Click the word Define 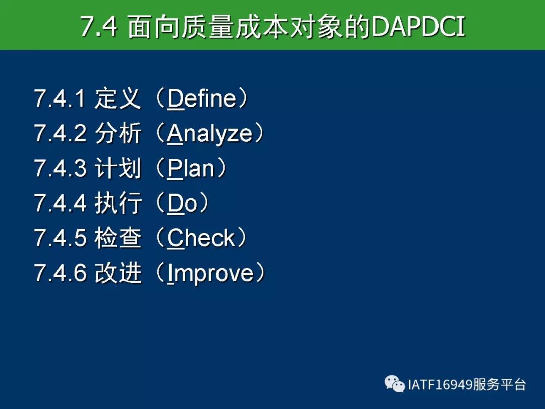click(x=202, y=98)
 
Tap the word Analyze click(x=209, y=134)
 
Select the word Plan click(x=191, y=168)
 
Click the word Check click(x=201, y=238)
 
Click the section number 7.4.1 click(x=60, y=98)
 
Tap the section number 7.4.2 click(x=60, y=133)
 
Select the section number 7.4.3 click(x=60, y=168)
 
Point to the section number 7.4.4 click(x=60, y=203)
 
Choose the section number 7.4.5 click(x=60, y=238)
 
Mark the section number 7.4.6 click(x=60, y=273)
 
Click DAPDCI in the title click(x=418, y=27)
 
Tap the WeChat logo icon click(x=395, y=384)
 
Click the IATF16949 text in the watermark click(x=440, y=385)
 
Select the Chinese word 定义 click(x=118, y=98)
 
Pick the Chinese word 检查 click(x=118, y=238)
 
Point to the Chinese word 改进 click(x=118, y=273)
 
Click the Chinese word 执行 click(x=118, y=203)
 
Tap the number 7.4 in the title click(x=99, y=27)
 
